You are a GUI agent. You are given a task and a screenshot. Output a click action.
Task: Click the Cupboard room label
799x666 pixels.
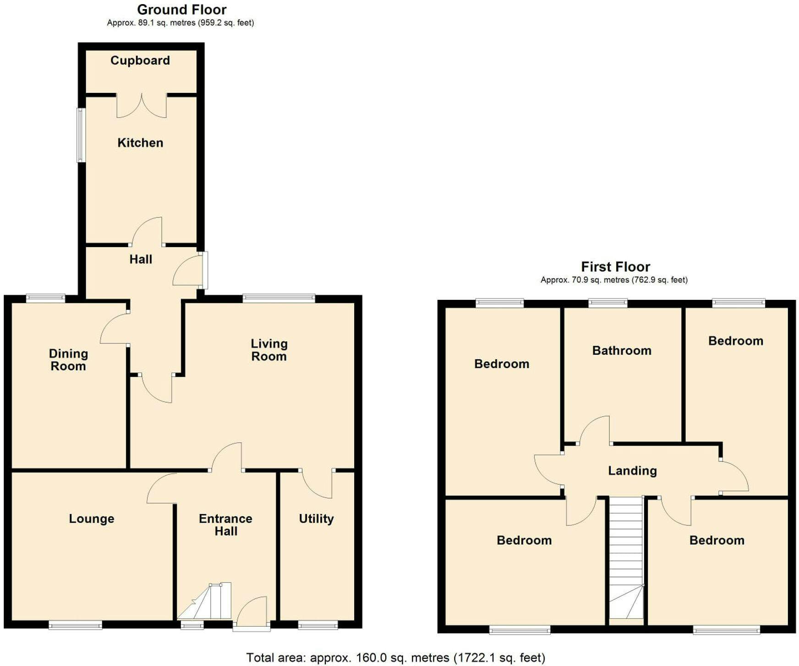140,60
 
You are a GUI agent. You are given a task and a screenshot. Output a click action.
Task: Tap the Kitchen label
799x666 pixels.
140,143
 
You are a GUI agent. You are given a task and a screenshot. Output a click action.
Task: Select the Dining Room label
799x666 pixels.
68,360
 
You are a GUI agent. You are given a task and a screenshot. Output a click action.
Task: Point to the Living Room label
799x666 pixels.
269,350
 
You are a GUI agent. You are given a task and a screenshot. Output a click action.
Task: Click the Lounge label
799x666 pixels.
92,519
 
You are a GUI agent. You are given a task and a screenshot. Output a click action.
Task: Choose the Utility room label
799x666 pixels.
316,519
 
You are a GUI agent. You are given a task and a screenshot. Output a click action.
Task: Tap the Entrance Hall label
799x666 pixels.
225,525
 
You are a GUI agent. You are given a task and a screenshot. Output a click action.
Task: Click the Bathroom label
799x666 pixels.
622,351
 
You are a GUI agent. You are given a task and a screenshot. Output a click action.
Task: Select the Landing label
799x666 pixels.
632,471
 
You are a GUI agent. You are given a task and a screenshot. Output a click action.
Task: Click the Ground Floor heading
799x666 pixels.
182,10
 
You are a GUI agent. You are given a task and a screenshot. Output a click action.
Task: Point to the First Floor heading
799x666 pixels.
616,267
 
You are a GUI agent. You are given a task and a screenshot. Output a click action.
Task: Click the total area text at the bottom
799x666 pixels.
396,658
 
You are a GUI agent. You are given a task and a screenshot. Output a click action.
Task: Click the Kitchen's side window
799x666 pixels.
81,135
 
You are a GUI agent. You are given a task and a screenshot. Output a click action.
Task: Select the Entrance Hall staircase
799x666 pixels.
204,601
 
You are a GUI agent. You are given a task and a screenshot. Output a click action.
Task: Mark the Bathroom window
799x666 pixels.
608,303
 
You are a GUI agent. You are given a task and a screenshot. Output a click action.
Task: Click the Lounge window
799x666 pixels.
76,625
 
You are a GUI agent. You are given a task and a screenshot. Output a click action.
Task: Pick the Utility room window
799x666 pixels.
318,625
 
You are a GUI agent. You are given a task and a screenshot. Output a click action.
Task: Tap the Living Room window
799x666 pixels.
279,298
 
